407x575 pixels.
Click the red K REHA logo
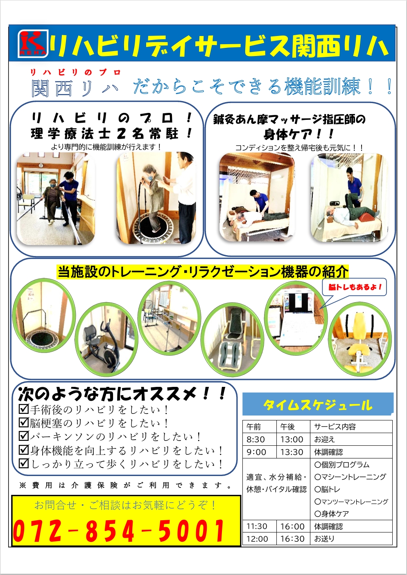(x=33, y=44)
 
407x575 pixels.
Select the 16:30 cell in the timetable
(x=292, y=539)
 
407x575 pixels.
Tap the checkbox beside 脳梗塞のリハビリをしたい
(x=24, y=423)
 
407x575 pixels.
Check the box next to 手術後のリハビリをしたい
(x=24, y=409)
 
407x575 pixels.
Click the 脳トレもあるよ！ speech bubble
(x=354, y=287)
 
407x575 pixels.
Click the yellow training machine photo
(x=360, y=339)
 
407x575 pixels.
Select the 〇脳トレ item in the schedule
(x=327, y=489)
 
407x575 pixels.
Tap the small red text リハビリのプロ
(x=75, y=73)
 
